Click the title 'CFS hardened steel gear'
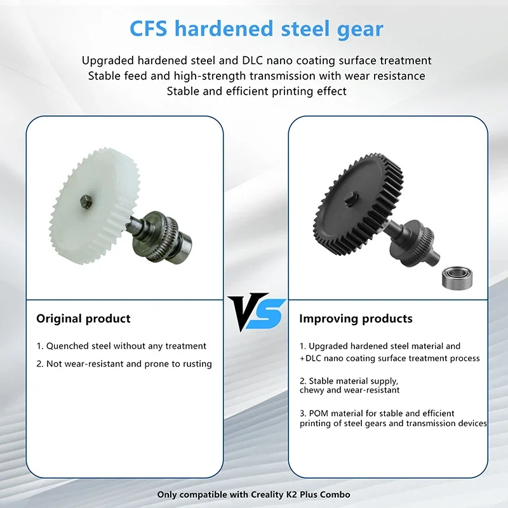click(257, 28)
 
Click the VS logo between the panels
click(255, 311)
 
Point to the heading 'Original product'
click(83, 318)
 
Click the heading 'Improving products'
click(356, 318)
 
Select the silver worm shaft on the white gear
click(159, 235)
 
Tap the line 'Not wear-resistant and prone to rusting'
click(124, 364)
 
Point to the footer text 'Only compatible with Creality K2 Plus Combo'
click(254, 494)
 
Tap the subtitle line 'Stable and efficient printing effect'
click(257, 91)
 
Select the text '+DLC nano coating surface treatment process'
click(390, 358)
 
